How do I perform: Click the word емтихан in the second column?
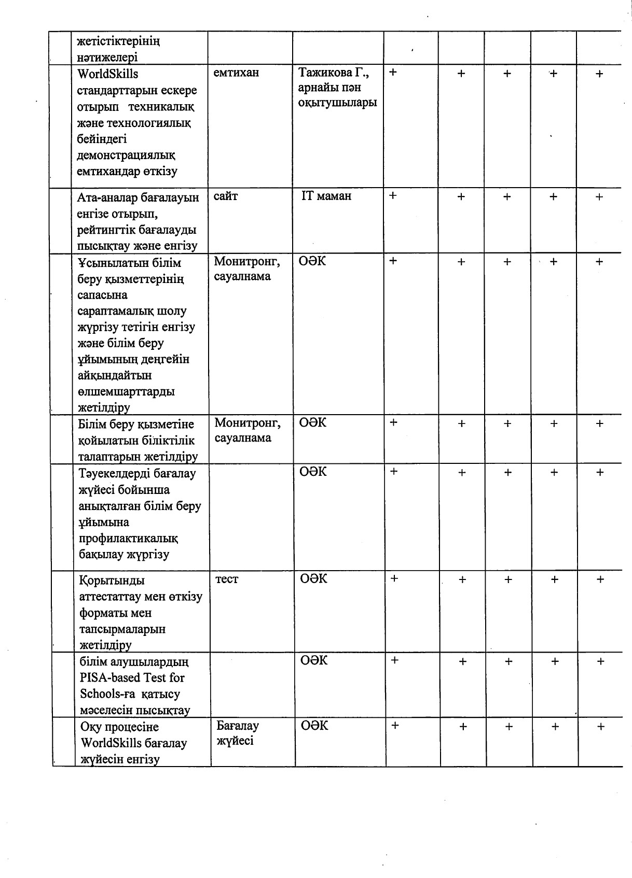click(x=236, y=73)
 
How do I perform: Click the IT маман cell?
click(x=326, y=196)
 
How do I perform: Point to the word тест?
click(x=227, y=579)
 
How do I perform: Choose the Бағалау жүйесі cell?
click(x=237, y=733)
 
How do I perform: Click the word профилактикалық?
click(x=129, y=539)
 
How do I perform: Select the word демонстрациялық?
click(x=126, y=155)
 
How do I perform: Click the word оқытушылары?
click(x=338, y=103)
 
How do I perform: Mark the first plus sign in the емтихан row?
click(x=393, y=72)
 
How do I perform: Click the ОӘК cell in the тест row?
click(x=314, y=578)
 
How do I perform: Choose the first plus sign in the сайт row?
click(x=393, y=195)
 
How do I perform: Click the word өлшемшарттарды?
click(x=126, y=391)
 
